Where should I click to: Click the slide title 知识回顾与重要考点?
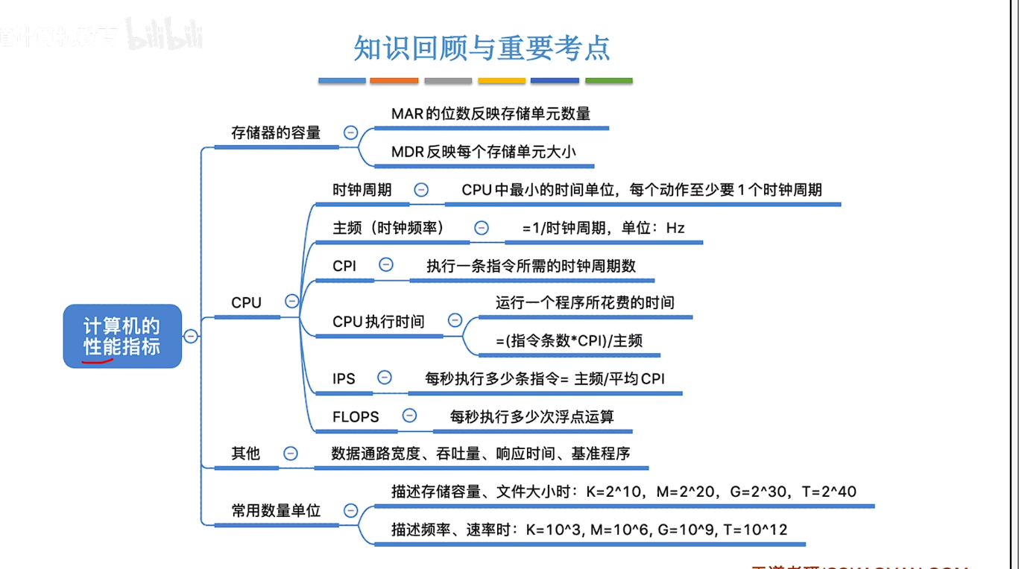coord(482,48)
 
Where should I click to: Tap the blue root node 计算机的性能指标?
coord(122,336)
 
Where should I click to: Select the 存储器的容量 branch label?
coord(276,133)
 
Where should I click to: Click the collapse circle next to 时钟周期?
coord(421,190)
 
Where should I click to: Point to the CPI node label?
coord(344,266)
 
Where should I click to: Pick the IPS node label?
coord(344,379)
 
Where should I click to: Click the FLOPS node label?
coord(356,417)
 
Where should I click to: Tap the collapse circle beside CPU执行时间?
coord(455,320)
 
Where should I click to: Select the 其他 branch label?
coord(245,454)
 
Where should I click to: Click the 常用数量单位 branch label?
coord(276,511)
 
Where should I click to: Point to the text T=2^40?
coord(829,492)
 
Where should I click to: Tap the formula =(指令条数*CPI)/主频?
coord(570,341)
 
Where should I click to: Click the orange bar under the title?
coord(394,80)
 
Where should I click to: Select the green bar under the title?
coord(608,80)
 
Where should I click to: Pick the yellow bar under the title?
coord(502,80)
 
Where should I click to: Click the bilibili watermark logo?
coord(163,35)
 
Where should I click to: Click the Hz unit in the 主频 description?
coord(675,228)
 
